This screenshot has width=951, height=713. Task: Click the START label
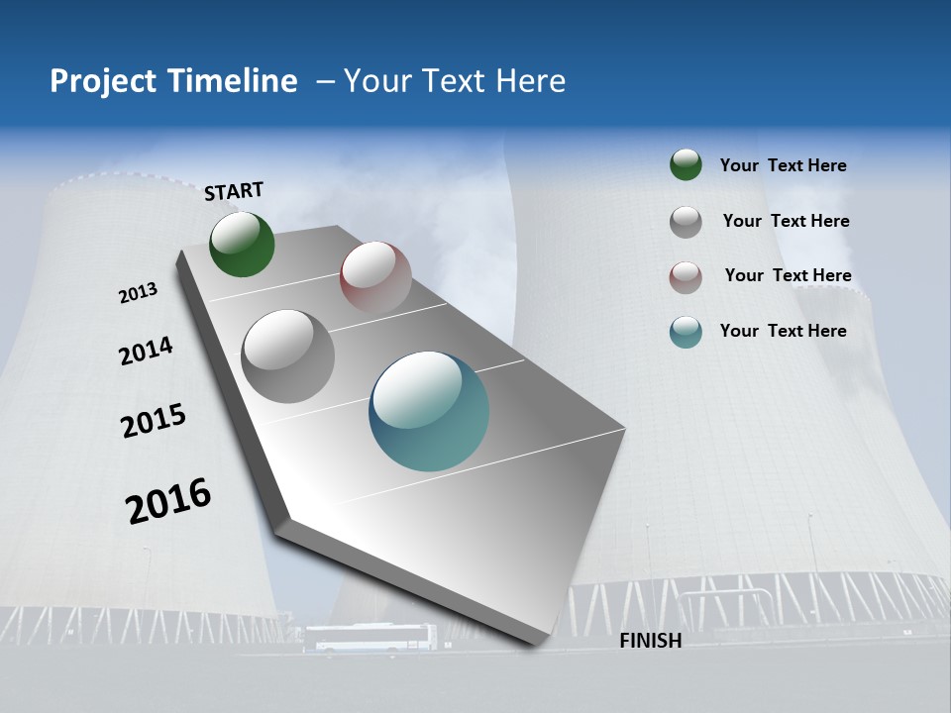point(234,191)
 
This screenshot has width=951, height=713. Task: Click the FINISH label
point(650,641)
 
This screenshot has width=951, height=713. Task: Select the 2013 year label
point(138,293)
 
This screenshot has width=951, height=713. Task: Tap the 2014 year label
point(146,351)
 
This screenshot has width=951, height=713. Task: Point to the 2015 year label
point(154,421)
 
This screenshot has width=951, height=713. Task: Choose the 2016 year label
point(168,501)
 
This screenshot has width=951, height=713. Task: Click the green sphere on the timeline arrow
point(242,244)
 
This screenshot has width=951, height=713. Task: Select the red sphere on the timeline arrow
point(375,276)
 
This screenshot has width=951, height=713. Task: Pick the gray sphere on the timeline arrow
point(288,356)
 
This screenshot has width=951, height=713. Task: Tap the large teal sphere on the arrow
point(429,411)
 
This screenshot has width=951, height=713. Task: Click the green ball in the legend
point(686,164)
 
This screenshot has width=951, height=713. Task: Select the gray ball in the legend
point(686,221)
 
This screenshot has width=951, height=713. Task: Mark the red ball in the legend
point(686,276)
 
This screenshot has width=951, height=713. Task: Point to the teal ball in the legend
point(686,332)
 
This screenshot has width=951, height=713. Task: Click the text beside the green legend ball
point(783,165)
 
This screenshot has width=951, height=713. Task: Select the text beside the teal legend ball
point(783,331)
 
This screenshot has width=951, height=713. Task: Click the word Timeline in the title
point(235,81)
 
